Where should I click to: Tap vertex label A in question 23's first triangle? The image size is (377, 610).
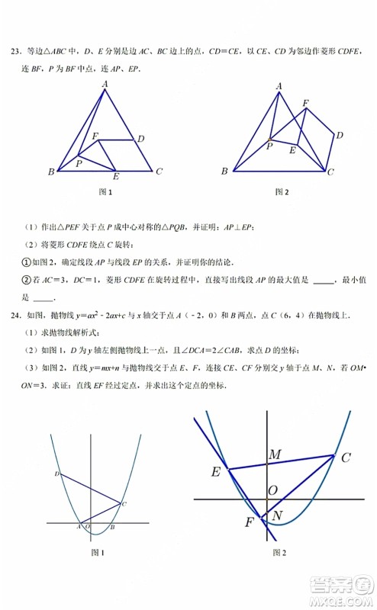click(x=105, y=83)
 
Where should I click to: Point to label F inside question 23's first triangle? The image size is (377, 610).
click(x=95, y=136)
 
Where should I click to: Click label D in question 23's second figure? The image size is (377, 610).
click(x=340, y=135)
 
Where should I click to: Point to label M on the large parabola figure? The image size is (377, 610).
click(x=275, y=454)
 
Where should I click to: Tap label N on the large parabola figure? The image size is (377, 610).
click(x=277, y=516)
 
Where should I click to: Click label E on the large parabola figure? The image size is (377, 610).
click(x=216, y=472)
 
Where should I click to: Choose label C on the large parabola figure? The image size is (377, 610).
click(x=345, y=457)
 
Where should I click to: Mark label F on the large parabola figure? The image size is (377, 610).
click(x=250, y=523)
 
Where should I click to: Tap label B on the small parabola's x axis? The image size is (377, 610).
click(x=112, y=528)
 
